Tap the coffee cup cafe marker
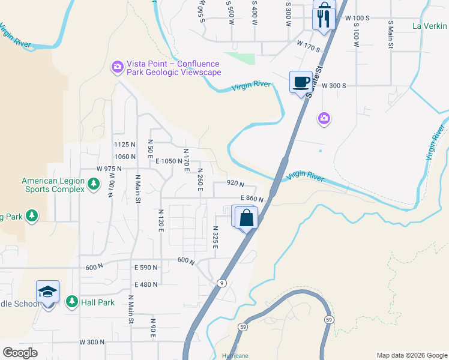pyautogui.click(x=301, y=81)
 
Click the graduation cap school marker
pyautogui.click(x=47, y=292)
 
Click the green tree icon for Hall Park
pyautogui.click(x=72, y=301)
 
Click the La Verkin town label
pyautogui.click(x=430, y=26)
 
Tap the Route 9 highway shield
pyautogui.click(x=222, y=283)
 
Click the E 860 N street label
pyautogui.click(x=252, y=199)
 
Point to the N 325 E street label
pyautogui.click(x=215, y=237)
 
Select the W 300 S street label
pyautogui.click(x=334, y=86)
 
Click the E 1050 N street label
pyautogui.click(x=167, y=161)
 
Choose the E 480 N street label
pyautogui.click(x=146, y=284)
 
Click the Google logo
pyautogui.click(x=20, y=352)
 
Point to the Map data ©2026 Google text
pyautogui.click(x=411, y=355)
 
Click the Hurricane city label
pyautogui.click(x=235, y=356)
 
